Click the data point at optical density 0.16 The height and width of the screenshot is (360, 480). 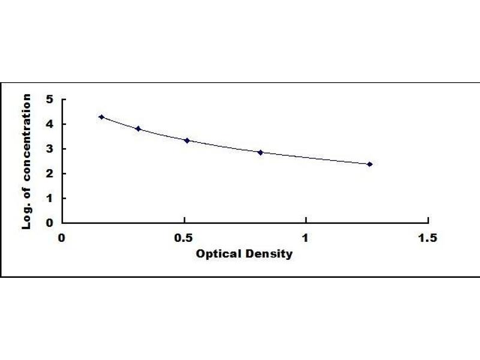101,117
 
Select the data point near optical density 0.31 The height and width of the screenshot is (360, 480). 138,128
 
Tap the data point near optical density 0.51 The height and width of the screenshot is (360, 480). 187,140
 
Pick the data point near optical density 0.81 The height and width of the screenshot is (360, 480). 260,152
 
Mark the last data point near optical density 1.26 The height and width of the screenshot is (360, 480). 370,164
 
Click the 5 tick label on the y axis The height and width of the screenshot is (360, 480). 50,100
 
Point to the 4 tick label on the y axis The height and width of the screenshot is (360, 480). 50,124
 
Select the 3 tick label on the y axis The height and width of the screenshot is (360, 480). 50,149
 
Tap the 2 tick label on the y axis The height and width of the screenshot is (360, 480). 50,173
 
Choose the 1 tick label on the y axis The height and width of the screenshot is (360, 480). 50,198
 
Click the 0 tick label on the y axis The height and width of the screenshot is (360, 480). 50,223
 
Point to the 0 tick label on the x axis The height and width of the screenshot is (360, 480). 62,238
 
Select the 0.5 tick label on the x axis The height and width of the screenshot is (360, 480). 184,238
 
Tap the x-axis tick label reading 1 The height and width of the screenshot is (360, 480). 305,238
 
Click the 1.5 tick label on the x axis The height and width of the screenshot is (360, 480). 427,238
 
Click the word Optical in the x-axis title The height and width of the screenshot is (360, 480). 218,254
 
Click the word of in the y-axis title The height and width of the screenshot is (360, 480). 26,193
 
